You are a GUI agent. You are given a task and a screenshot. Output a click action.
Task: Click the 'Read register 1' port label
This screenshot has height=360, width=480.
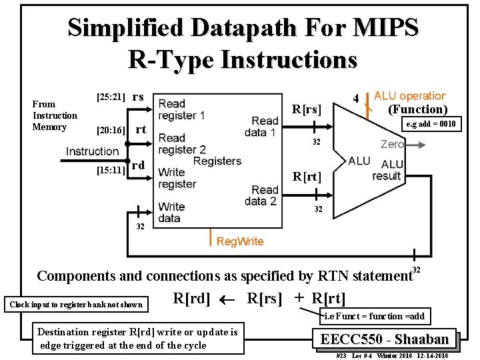(181, 109)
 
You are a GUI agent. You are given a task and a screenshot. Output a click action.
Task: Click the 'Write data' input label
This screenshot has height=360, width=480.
(171, 212)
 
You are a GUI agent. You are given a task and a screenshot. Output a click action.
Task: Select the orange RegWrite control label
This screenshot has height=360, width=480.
(240, 241)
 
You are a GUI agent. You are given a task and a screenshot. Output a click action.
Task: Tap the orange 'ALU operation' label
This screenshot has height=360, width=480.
(409, 96)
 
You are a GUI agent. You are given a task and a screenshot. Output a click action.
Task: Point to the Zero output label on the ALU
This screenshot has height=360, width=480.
(392, 144)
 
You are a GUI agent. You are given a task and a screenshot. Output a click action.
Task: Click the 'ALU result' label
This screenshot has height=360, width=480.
(387, 170)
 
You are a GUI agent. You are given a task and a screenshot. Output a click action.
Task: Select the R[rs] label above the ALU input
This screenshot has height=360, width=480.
(307, 109)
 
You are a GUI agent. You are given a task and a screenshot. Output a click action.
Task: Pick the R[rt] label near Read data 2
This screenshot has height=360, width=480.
(307, 177)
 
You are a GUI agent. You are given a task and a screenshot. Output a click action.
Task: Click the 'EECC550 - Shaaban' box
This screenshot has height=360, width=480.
(384, 339)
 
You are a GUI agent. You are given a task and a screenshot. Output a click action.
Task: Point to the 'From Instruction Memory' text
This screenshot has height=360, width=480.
(55, 115)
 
